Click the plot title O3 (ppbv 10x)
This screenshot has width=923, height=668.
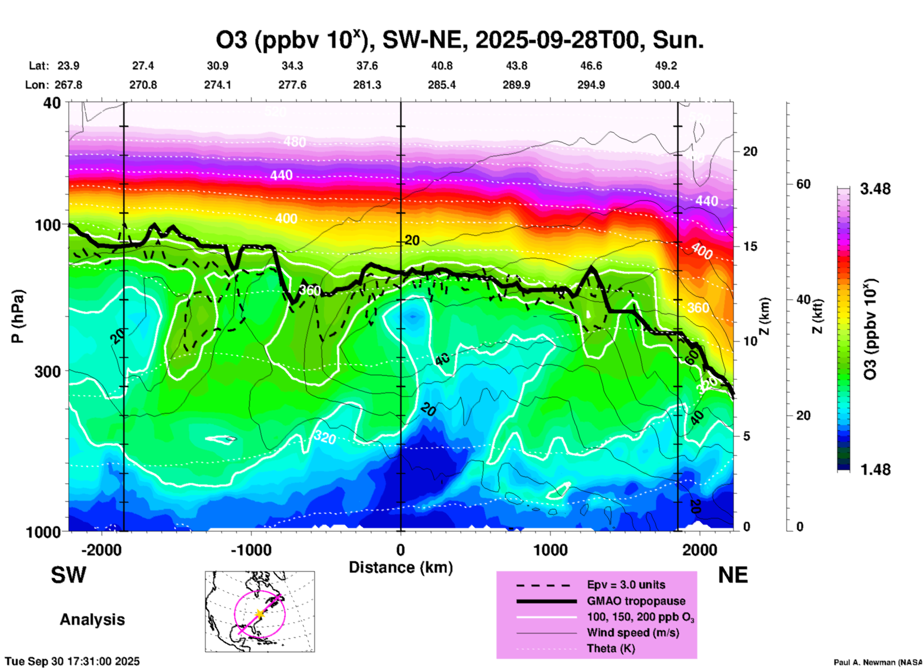click(460, 40)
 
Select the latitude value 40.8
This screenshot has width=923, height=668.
click(441, 66)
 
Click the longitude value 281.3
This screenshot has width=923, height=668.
click(367, 85)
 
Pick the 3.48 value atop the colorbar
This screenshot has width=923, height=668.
click(875, 189)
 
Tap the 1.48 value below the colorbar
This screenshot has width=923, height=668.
click(875, 469)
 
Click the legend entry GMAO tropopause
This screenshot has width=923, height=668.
click(636, 601)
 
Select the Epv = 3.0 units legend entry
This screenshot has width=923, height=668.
click(626, 585)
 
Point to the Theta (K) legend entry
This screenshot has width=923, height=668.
click(611, 648)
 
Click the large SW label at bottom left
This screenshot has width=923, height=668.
click(69, 575)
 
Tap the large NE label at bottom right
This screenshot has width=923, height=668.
click(733, 575)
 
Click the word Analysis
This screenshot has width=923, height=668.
click(92, 620)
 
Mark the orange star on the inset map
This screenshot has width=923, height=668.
click(259, 613)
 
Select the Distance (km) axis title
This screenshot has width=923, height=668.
click(401, 567)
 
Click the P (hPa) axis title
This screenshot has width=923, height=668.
click(17, 316)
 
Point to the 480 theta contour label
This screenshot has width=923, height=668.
click(294, 142)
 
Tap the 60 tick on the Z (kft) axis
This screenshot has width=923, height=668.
click(803, 184)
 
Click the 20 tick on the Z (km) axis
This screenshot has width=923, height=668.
click(750, 151)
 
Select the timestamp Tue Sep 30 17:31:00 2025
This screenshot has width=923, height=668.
click(72, 661)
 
